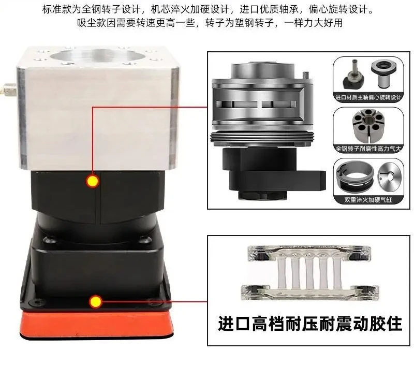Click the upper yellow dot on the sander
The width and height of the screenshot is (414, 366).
pyautogui.click(x=93, y=181)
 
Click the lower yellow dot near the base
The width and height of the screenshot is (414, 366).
pyautogui.click(x=95, y=302)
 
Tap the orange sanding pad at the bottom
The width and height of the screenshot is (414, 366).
pyautogui.click(x=97, y=324)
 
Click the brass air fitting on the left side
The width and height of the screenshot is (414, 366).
pyautogui.click(x=9, y=89)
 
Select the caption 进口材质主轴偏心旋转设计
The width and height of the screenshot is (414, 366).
pyautogui.click(x=368, y=97)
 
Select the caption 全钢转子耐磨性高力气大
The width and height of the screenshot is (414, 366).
pyautogui.click(x=368, y=149)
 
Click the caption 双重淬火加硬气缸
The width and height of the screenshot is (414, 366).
pyautogui.click(x=368, y=200)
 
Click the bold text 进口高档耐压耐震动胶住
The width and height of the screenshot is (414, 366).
pyautogui.click(x=310, y=324)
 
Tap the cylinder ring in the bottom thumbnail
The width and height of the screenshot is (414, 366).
pyautogui.click(x=354, y=178)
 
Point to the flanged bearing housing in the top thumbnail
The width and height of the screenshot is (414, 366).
pyautogui.click(x=383, y=74)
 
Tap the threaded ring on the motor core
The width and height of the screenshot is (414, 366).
pyautogui.click(x=262, y=138)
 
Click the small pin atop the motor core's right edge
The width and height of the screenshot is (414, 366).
pyautogui.click(x=305, y=75)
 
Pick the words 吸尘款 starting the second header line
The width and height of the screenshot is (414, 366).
pyautogui.click(x=92, y=23)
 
